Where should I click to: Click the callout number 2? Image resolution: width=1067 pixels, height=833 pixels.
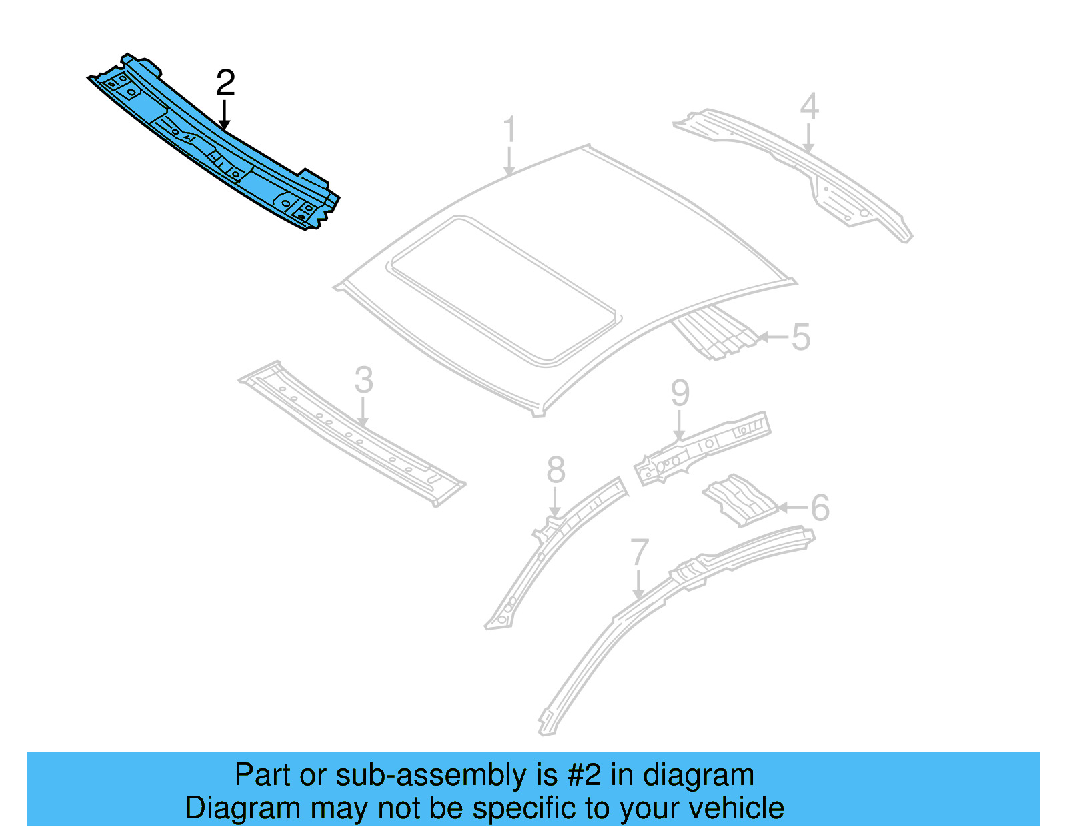(225, 83)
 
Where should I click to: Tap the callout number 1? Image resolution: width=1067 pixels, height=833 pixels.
(509, 129)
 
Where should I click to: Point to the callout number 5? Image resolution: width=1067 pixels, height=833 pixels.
(800, 337)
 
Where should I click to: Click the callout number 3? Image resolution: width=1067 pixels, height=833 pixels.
(363, 381)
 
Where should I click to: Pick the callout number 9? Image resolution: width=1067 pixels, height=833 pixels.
(680, 393)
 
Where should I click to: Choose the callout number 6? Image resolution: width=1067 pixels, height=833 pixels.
(820, 508)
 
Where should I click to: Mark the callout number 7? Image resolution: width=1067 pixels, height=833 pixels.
(639, 552)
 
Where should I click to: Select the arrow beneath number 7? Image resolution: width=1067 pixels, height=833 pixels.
(638, 584)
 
